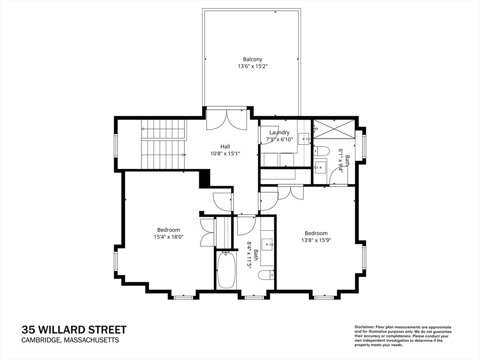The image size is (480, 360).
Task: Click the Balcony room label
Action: point(253,60)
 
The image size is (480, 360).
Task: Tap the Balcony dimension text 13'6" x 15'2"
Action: point(253,66)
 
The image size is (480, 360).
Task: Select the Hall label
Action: point(225,147)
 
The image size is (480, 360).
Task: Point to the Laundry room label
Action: point(279,133)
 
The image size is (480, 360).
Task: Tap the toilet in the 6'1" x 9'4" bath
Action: point(321,150)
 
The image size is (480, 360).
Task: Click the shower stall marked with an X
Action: point(334,128)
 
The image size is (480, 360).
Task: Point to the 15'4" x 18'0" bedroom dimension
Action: point(169,237)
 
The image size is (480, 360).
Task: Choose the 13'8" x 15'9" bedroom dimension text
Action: point(316,240)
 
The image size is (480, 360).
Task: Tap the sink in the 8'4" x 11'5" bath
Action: point(269,244)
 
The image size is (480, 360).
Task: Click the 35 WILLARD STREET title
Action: point(74,330)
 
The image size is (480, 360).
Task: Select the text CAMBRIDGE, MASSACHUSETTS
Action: point(70,340)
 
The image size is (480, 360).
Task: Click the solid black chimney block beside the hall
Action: point(204,179)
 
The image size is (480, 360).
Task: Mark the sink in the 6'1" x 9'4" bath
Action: point(320,167)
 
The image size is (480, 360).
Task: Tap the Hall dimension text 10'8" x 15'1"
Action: point(225,154)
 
